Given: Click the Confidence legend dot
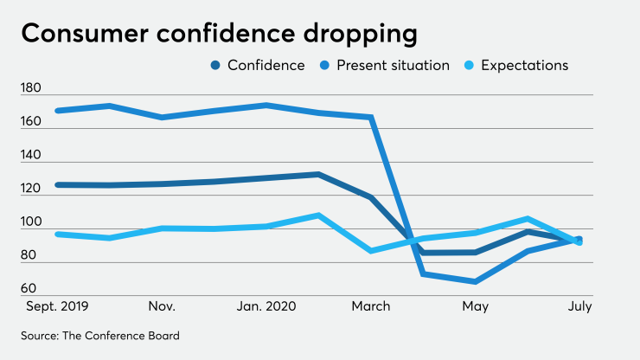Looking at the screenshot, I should (214, 65).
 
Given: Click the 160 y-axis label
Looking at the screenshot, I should (31, 121).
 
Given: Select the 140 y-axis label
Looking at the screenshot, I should (31, 155).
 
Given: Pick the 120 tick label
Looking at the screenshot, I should (31, 188).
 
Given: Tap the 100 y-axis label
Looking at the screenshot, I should (31, 222).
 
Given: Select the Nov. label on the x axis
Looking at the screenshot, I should (162, 306).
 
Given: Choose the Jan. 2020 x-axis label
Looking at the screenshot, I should (266, 306).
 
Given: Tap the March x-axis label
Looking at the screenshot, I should (371, 306).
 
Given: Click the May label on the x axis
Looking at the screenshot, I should (476, 306).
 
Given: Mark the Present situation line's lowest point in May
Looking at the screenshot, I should (475, 281).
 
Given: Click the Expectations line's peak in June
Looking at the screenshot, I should (527, 219).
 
